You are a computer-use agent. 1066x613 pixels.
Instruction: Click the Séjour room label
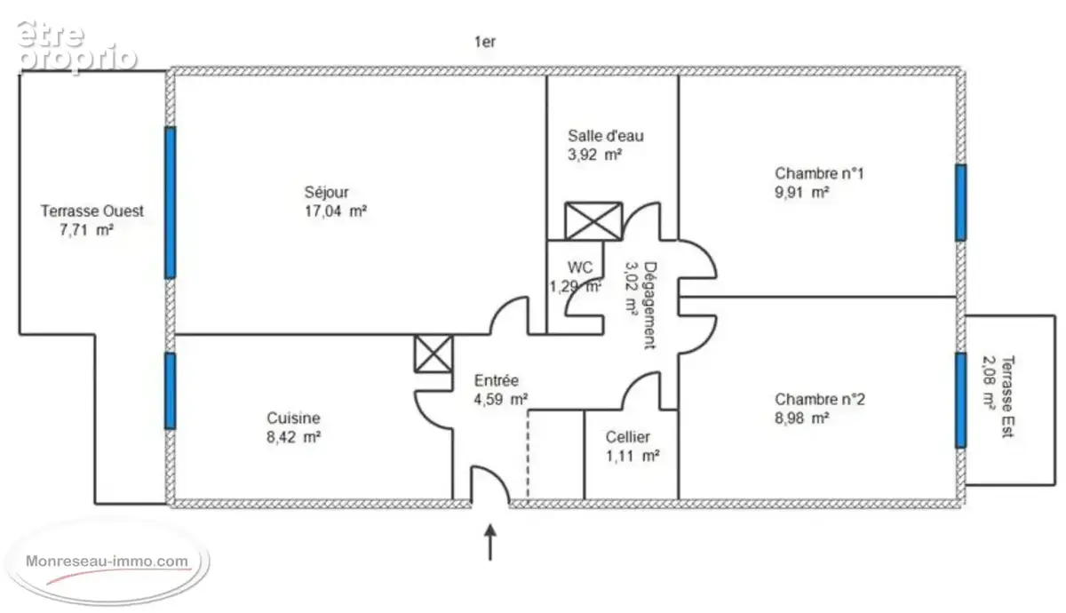pyautogui.click(x=327, y=192)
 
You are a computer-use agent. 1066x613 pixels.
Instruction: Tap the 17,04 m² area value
pyautogui.click(x=336, y=211)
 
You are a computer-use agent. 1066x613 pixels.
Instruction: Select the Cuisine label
pyautogui.click(x=293, y=418)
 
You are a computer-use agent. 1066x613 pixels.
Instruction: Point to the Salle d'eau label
pyautogui.click(x=605, y=136)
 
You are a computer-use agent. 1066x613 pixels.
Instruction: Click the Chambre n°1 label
pyautogui.click(x=819, y=174)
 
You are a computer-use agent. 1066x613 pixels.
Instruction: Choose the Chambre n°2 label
pyautogui.click(x=819, y=399)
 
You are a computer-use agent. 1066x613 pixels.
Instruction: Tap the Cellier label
pyautogui.click(x=627, y=437)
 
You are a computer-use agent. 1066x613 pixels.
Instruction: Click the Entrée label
pyautogui.click(x=497, y=381)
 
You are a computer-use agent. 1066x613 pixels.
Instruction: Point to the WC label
pyautogui.click(x=579, y=267)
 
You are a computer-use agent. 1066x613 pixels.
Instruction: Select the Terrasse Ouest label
pyautogui.click(x=91, y=211)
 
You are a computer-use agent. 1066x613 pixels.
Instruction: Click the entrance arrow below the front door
pyautogui.click(x=490, y=543)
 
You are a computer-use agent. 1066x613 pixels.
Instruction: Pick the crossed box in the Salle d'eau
pyautogui.click(x=593, y=221)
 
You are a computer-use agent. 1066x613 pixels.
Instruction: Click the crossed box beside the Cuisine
pyautogui.click(x=434, y=354)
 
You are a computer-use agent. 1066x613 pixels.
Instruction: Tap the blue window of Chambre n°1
pyautogui.click(x=961, y=203)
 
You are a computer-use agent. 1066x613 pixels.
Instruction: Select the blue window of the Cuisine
pyautogui.click(x=171, y=391)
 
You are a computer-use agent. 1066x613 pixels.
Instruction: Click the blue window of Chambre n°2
pyautogui.click(x=961, y=401)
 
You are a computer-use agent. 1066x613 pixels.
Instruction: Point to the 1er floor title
pyautogui.click(x=485, y=43)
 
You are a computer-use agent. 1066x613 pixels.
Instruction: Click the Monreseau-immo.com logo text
pyautogui.click(x=107, y=561)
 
